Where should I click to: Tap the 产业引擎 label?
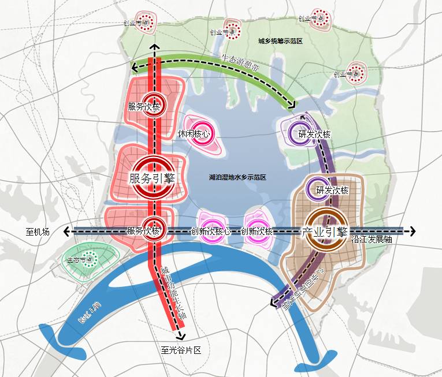coord(324,232)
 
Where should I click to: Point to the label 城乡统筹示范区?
coord(281,42)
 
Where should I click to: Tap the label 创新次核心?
coord(211,232)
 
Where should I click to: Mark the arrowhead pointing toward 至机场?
coord(67,232)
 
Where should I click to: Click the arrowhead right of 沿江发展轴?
coord(411,232)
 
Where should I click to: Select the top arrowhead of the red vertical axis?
coord(153,47)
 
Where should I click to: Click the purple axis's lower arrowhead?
coord(274,301)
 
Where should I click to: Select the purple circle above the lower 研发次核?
coord(316,191)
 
